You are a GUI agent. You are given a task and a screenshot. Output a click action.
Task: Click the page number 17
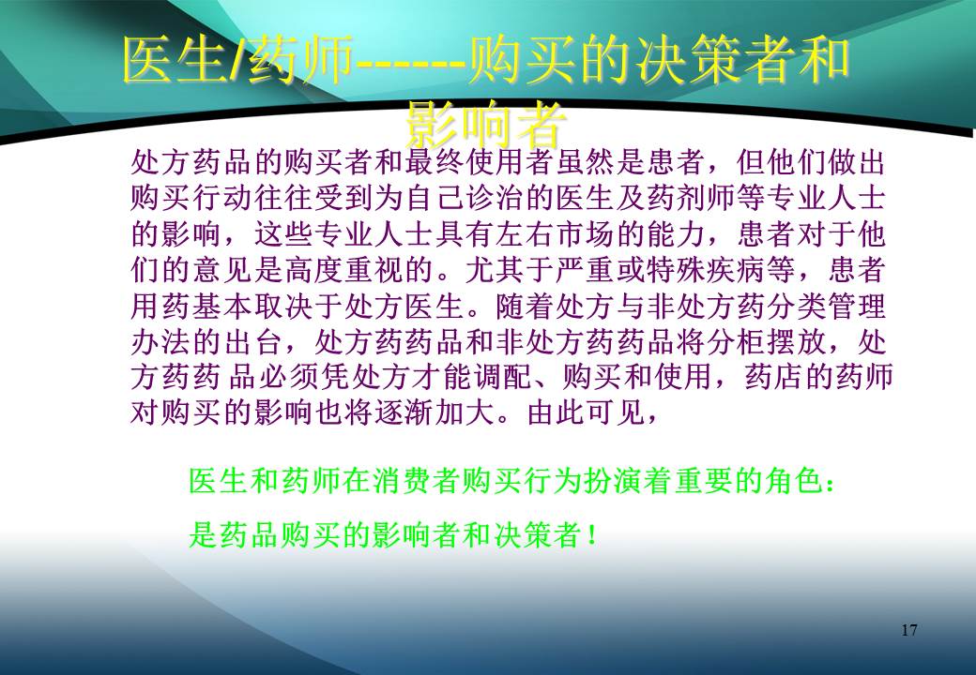(908, 629)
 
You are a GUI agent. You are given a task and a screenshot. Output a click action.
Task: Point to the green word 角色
(788, 484)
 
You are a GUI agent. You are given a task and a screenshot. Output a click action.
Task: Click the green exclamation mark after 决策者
(590, 535)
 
